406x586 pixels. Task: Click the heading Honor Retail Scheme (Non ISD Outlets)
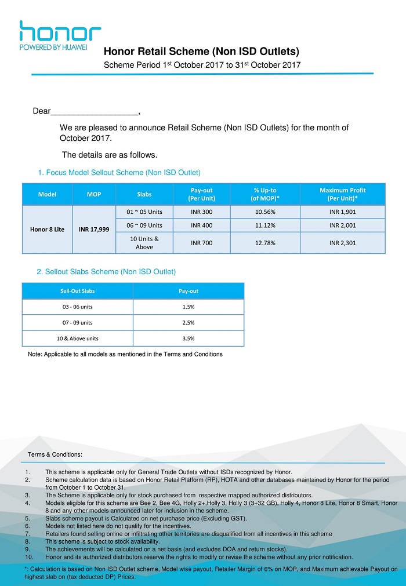pos(201,52)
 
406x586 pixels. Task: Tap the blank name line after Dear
pos(95,111)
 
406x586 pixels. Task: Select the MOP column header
pos(94,194)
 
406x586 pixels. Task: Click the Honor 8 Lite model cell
pos(47,229)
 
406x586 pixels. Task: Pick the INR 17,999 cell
pos(94,229)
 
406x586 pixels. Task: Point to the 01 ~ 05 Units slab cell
pos(144,212)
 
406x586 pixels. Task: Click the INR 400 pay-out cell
pos(201,225)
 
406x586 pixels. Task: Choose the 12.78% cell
pos(265,242)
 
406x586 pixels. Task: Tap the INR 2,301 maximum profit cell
pos(342,242)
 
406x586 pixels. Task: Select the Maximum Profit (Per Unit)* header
pos(342,194)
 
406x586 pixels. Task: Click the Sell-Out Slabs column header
pos(78,291)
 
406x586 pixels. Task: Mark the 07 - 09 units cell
pos(78,322)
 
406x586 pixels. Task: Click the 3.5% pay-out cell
pos(188,339)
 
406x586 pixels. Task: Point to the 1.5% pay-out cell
pos(188,307)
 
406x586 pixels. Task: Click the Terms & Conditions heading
pos(55,454)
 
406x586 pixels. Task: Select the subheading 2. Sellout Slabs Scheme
pos(106,271)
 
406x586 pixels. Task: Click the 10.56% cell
pos(265,212)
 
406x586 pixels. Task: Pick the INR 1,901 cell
pos(342,212)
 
